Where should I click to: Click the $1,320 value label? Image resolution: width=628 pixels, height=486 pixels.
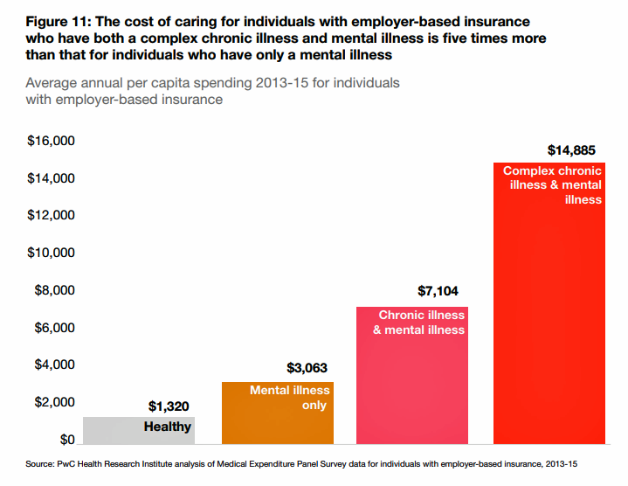[169, 406]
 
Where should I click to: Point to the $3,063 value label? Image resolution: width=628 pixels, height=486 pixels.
[307, 368]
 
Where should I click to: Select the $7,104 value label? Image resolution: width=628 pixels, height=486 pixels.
[438, 292]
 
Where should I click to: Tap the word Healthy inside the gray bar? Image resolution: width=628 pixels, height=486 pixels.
[168, 427]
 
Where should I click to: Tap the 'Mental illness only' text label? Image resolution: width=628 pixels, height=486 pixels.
[290, 398]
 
